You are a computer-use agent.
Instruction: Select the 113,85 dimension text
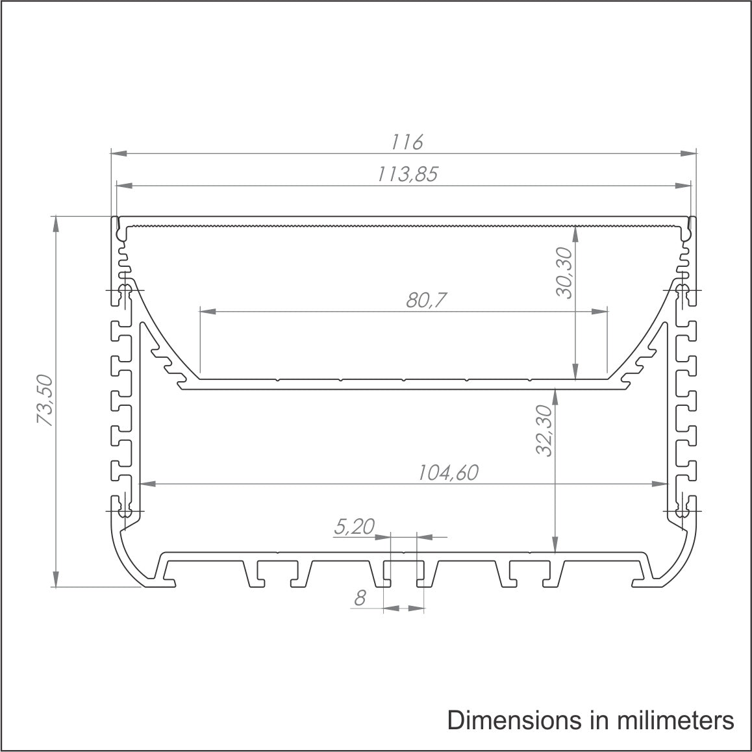(x=407, y=173)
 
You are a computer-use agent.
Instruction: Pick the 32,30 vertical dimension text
(x=544, y=430)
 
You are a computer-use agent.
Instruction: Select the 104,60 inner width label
(x=448, y=473)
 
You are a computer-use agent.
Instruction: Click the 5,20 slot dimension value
(x=354, y=527)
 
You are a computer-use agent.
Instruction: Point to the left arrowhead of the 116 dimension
(x=118, y=154)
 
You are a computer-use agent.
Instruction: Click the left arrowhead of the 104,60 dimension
(x=147, y=484)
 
